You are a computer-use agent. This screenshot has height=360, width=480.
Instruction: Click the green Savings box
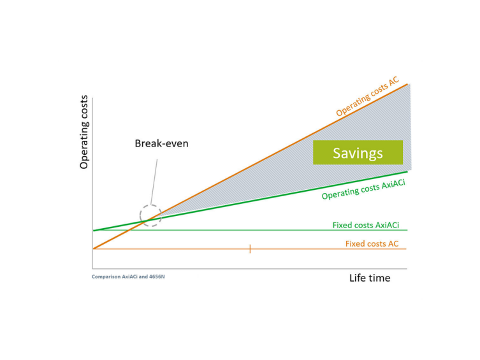coord(358,152)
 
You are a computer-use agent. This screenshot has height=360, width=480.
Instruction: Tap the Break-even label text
coord(162,143)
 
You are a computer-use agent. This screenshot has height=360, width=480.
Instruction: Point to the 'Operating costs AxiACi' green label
coord(363,190)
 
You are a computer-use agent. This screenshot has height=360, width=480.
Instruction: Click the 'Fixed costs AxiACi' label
coord(366,225)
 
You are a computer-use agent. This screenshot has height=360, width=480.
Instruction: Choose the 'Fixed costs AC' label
coord(372,244)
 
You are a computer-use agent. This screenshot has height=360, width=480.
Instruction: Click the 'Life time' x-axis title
coord(370,278)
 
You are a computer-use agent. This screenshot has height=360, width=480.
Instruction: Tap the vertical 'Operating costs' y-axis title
coord(84,132)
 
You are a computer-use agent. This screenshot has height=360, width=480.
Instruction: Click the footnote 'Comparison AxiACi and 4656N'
coord(128,277)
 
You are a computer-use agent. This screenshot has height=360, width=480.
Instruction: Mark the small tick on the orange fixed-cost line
coord(250,248)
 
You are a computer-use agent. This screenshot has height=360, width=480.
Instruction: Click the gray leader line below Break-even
coord(154,182)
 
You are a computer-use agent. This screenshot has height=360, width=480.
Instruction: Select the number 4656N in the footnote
coord(157,277)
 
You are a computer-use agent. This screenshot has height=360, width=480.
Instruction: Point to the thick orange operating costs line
coord(251,166)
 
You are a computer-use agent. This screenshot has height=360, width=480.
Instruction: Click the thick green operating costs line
coord(251,201)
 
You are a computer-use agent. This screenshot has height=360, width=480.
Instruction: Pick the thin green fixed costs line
coord(251,230)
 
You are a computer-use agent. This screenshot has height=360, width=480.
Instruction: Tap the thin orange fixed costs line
coord(250,249)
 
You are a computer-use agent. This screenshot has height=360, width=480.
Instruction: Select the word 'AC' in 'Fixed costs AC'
coord(393,244)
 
